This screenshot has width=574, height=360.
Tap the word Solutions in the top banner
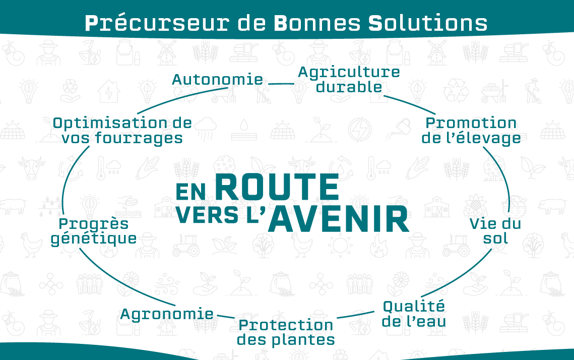pos(427,23)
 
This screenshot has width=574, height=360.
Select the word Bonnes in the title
pos(317,23)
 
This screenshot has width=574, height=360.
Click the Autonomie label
pos(217,80)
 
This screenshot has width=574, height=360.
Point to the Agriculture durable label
pos(349,80)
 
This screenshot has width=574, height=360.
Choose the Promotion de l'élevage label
pos(471,131)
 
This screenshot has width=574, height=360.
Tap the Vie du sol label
pos(495,231)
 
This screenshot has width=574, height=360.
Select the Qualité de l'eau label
pos(414,314)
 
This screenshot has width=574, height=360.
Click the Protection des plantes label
pos(286,333)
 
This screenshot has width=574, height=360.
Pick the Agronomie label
pos(167,314)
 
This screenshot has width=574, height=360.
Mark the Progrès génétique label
pos(94,231)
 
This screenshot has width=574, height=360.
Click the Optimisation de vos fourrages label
pos(122,131)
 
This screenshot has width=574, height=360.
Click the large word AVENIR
pos(339,219)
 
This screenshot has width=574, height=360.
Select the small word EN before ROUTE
pos(190,192)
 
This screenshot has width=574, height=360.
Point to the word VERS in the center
pos(208,215)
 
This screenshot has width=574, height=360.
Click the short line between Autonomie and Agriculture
pos(281,84)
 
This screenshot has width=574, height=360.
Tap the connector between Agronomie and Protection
pos(225,316)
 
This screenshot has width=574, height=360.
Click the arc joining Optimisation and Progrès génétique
pos(68,177)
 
